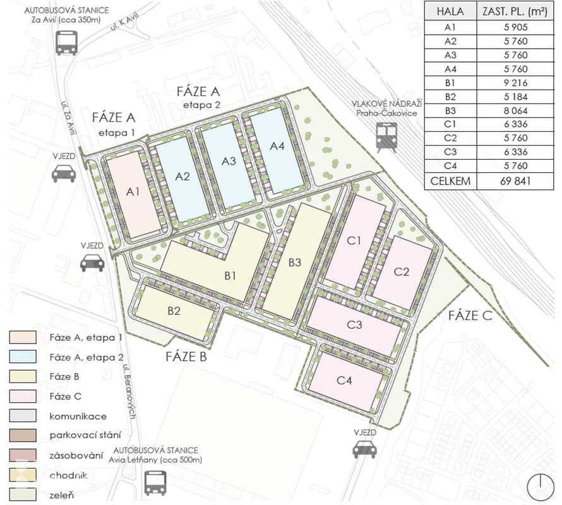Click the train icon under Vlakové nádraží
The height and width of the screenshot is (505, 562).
click(386, 138)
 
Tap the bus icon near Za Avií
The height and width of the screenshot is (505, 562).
click(66, 43)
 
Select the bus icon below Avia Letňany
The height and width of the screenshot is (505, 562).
click(155, 482)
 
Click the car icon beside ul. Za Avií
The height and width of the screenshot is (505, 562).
click(64, 173)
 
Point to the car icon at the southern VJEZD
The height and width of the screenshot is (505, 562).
click(364, 448)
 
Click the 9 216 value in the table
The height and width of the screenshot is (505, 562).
click(515, 83)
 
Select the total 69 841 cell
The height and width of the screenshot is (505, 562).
click(515, 181)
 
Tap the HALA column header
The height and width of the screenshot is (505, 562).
click(450, 11)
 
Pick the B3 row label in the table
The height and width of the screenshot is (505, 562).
click(450, 110)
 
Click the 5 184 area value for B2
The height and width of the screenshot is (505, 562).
click(515, 97)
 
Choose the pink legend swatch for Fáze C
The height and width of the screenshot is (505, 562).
click(23, 396)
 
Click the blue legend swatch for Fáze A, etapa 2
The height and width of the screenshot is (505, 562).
click(23, 357)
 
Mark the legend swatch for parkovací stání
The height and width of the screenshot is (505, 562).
click(23, 436)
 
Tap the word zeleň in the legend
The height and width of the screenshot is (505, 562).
click(62, 496)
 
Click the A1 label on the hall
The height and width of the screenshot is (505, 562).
click(133, 192)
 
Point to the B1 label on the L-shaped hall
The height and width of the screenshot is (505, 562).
click(230, 276)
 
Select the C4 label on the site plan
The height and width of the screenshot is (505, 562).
click(344, 380)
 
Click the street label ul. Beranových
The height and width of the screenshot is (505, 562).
click(129, 392)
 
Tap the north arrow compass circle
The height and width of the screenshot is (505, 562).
click(540, 487)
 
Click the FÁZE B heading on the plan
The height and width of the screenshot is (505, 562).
click(186, 357)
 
